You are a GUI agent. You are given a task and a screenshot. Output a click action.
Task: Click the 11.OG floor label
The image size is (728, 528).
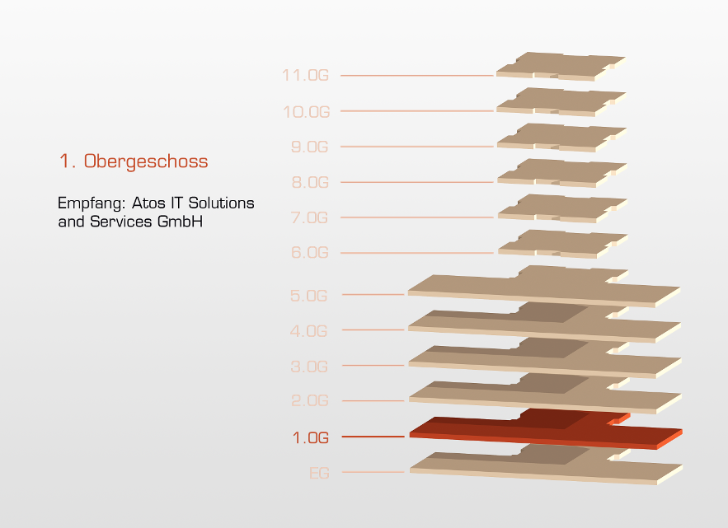[306, 75]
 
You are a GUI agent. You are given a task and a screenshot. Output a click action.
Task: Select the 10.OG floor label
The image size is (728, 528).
[307, 112]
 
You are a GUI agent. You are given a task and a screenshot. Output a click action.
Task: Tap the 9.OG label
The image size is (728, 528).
[310, 147]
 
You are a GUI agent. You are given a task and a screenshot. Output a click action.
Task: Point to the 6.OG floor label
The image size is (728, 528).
[310, 252]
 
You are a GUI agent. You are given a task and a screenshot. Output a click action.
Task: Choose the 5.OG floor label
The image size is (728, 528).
[308, 296]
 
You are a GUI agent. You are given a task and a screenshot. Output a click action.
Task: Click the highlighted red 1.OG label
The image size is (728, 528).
[311, 437]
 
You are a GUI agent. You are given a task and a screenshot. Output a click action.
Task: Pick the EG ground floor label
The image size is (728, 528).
[319, 473]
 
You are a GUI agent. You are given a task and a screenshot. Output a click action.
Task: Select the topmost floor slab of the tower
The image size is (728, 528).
[561, 67]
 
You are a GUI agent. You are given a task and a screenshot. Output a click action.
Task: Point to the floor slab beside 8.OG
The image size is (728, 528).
[562, 173]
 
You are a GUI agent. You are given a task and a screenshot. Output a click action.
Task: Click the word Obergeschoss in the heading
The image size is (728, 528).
[146, 161]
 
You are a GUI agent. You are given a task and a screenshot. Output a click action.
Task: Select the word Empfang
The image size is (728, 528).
[92, 203]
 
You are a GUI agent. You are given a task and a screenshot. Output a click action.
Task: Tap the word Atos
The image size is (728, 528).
[148, 203]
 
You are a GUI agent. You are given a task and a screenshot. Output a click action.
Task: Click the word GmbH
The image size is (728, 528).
[180, 222]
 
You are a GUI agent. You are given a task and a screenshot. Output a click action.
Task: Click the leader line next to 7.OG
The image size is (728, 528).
[417, 217]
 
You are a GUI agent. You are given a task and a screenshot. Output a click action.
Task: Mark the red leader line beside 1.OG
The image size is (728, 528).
[373, 437]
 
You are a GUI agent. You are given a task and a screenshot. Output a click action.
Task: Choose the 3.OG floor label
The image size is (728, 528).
[309, 367]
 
